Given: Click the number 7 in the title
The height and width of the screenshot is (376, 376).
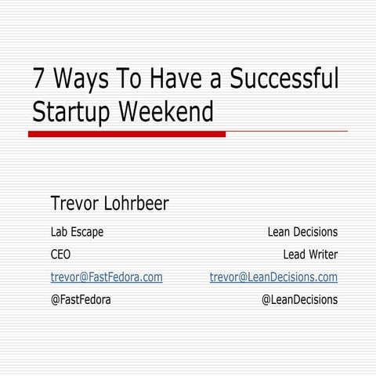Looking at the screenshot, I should pyautogui.click(x=38, y=79).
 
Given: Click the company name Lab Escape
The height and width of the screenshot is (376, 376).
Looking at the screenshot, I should pyautogui.click(x=77, y=232).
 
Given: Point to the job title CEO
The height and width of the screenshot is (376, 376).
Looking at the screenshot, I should pyautogui.click(x=60, y=255).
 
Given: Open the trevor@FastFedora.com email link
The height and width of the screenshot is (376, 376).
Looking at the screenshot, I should pyautogui.click(x=107, y=277).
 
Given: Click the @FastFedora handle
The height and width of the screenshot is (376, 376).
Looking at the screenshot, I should pyautogui.click(x=81, y=299).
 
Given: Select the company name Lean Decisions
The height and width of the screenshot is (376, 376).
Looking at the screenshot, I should pyautogui.click(x=302, y=232).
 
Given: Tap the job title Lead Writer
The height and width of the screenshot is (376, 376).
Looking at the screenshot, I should pyautogui.click(x=310, y=255).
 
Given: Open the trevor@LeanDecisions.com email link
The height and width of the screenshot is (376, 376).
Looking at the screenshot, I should pyautogui.click(x=273, y=277).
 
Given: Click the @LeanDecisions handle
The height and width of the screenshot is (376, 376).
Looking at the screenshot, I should pyautogui.click(x=298, y=299).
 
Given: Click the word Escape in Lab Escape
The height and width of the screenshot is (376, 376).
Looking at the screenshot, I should pyautogui.click(x=87, y=232).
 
